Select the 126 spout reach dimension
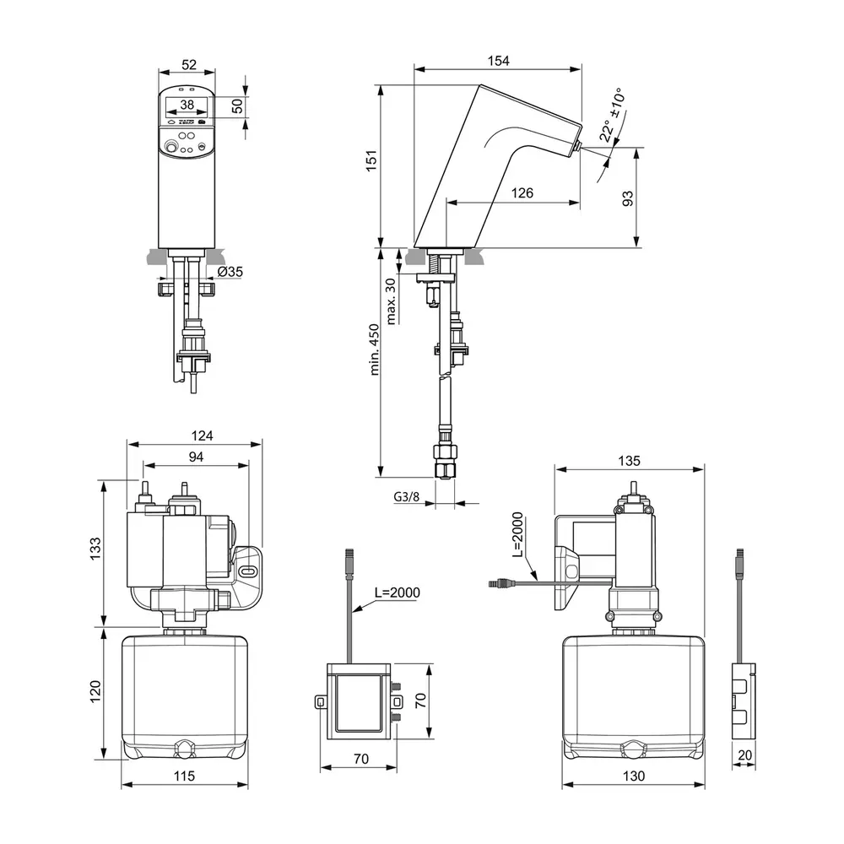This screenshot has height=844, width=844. click(x=522, y=193)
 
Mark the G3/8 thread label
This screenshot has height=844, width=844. click(x=406, y=496)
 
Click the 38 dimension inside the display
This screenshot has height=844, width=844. click(x=187, y=105)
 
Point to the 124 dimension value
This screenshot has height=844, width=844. click(x=202, y=436)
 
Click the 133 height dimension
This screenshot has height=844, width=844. click(x=95, y=549)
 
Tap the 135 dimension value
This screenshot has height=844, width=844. click(x=629, y=461)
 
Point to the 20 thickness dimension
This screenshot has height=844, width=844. click(x=744, y=755)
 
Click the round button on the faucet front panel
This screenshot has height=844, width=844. click(x=172, y=148)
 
